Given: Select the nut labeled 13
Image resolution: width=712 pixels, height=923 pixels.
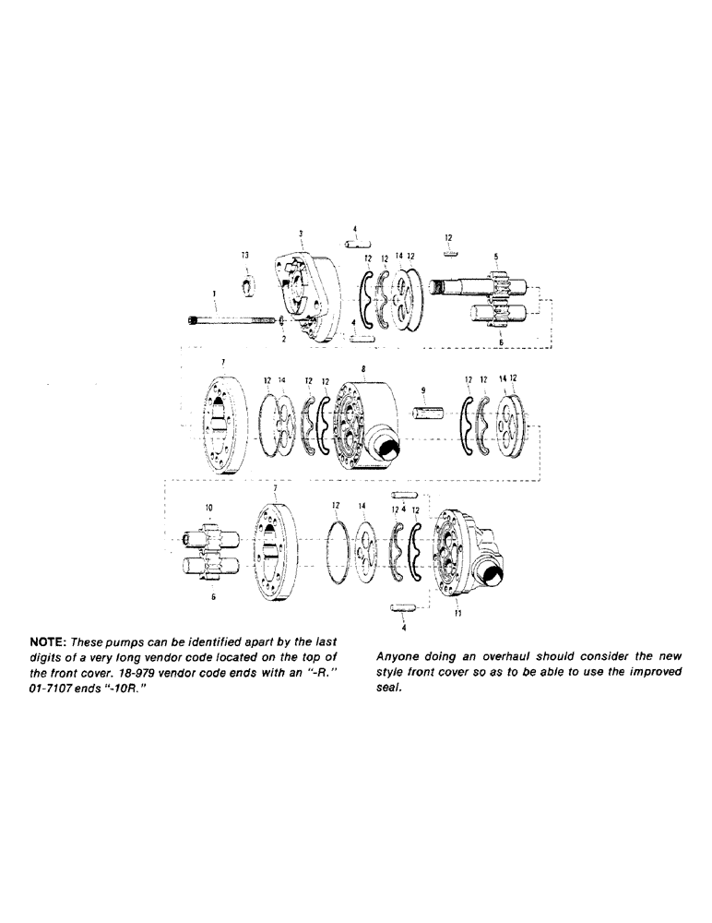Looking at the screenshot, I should pos(246,285).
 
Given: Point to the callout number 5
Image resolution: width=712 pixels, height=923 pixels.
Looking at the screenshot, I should pos(495,257).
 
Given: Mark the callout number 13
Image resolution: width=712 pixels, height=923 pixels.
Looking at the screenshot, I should pos(245,255).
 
